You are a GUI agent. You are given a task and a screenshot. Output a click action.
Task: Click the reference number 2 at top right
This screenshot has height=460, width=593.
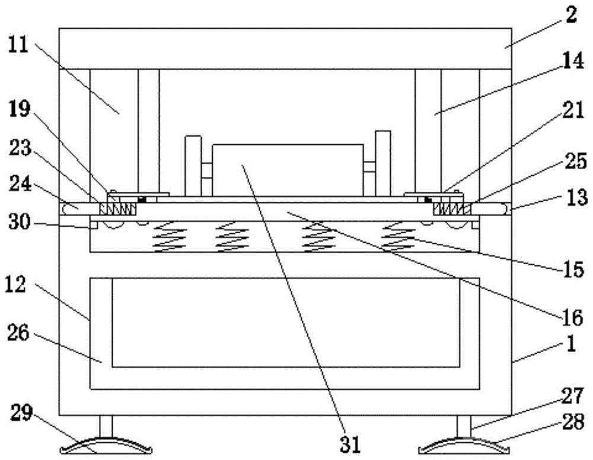tap(571, 15)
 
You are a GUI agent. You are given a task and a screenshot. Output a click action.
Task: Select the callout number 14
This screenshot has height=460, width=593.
tap(573, 61)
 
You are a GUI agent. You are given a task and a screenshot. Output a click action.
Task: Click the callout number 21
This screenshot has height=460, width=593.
tap(573, 110)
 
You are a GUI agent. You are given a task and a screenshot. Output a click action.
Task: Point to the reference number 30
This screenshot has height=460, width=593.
tap(20, 222)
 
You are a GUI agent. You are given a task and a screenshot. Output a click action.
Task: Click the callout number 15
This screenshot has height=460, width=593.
tap(573, 269)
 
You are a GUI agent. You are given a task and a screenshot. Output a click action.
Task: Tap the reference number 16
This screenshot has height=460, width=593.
tap(573, 318)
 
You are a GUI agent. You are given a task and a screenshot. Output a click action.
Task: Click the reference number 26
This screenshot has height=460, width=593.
tap(18, 333)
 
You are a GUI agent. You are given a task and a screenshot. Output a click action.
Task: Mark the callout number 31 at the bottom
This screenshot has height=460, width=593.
tap(350, 444)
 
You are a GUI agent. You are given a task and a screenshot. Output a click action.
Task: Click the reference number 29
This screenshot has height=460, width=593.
tap(21, 413)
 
